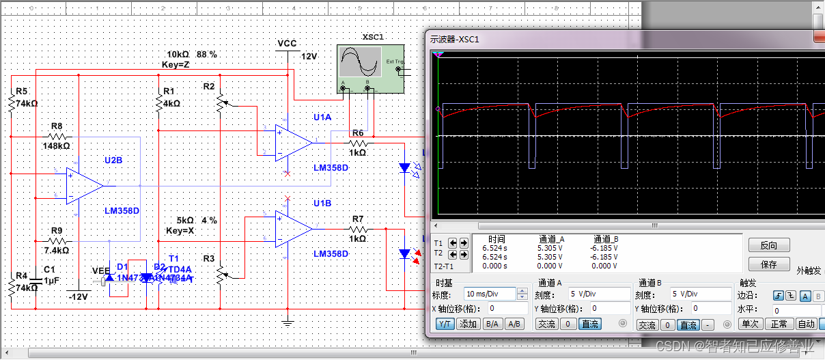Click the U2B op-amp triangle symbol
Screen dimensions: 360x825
click(84, 185)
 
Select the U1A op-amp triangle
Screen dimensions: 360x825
click(292, 143)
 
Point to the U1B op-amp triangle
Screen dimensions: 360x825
click(292, 229)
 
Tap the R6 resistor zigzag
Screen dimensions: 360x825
click(358, 143)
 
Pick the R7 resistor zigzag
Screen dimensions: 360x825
click(358, 230)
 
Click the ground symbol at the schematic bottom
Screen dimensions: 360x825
click(288, 322)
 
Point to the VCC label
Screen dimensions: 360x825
click(287, 44)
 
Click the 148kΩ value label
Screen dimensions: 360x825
click(56, 146)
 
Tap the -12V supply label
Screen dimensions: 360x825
click(79, 296)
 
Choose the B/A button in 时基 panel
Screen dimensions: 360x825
click(490, 324)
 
